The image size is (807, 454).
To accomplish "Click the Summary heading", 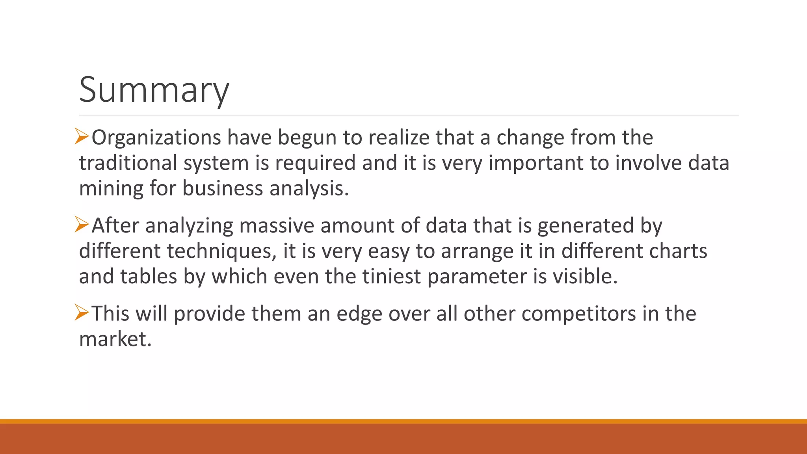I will pos(154,90).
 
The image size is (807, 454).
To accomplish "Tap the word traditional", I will pos(128,163).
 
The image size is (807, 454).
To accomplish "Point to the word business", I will pos(222,188).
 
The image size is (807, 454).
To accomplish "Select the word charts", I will pos(678,251).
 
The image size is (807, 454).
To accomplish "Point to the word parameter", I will pos(477,277).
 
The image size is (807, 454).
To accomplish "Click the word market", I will pos(115,339).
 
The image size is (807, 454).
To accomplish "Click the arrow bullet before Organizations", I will pos(82,137).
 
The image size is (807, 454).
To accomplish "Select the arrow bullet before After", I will pos(82,225).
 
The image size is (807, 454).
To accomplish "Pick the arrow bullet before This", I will pos(82,313).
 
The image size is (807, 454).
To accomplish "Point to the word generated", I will pos(585,226).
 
